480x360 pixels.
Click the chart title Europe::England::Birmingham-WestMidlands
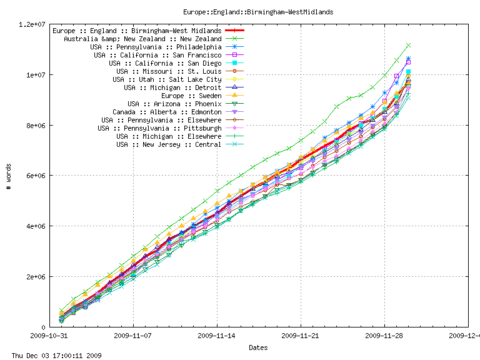pos(258,12)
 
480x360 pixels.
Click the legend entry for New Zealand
pos(142,39)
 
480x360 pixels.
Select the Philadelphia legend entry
pos(156,47)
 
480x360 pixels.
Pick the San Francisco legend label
pos(157,55)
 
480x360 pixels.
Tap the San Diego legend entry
pos(165,63)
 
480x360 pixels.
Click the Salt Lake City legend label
pos(167,79)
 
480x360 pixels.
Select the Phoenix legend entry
pos(174,104)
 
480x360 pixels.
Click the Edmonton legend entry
pos(167,112)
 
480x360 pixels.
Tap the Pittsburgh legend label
pos(159,128)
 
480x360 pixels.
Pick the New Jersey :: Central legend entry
pos(169,144)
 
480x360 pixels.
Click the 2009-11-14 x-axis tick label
pos(217,335)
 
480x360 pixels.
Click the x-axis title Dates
pos(258,347)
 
